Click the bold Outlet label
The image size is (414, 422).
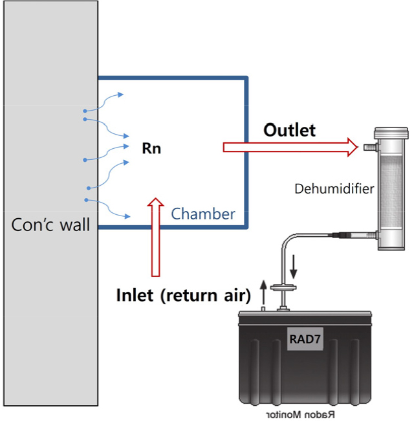click(x=289, y=130)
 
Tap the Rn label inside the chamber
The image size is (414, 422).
click(x=151, y=148)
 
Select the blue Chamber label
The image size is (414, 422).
click(x=203, y=214)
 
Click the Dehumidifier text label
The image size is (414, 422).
click(x=334, y=188)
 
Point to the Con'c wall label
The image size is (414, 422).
click(x=50, y=225)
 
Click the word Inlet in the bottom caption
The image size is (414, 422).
click(x=135, y=295)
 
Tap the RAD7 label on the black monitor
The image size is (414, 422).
click(x=305, y=339)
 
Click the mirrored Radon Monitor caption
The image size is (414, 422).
click(x=301, y=415)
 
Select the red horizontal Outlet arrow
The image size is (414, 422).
click(x=290, y=147)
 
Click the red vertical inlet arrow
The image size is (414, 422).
click(x=155, y=237)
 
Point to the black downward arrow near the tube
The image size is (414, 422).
click(x=294, y=267)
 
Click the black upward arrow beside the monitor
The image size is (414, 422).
click(x=263, y=293)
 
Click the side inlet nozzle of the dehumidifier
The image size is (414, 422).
click(x=371, y=147)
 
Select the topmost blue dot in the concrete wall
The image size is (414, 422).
click(x=85, y=111)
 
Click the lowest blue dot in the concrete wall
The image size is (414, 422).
click(x=86, y=200)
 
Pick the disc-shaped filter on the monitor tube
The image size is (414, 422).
click(x=283, y=288)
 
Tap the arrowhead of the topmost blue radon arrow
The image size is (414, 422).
click(x=121, y=94)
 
